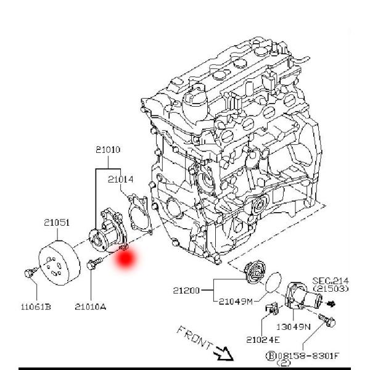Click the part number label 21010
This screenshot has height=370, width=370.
(x=108, y=149)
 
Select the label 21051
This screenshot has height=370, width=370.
(x=56, y=223)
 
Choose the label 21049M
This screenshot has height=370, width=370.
(x=236, y=301)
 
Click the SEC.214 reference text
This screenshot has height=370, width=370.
(x=331, y=279)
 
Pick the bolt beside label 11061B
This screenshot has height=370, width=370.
(x=28, y=273)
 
